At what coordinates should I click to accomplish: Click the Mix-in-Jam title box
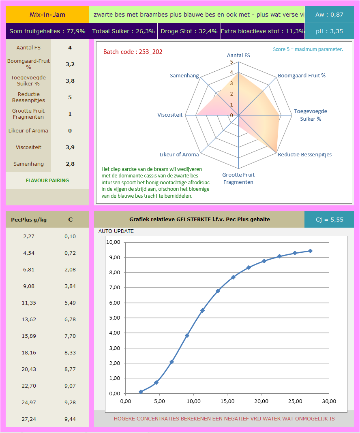click(47, 15)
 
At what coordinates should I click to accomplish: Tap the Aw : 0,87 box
click(329, 15)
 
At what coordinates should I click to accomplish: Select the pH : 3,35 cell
click(329, 31)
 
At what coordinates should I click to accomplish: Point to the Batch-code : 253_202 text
click(133, 52)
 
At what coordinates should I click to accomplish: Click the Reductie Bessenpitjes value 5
click(70, 97)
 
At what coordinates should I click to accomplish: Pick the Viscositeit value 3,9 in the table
click(70, 147)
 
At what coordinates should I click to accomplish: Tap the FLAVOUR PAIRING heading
click(47, 180)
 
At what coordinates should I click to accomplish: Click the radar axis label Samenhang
click(184, 76)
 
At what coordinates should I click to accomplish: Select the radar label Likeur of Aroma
click(179, 154)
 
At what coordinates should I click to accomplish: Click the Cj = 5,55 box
click(329, 220)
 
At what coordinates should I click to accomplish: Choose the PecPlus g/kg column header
click(29, 220)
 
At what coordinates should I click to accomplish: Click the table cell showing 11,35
click(29, 303)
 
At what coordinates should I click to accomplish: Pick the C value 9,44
click(70, 419)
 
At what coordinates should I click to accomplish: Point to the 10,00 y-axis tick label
click(113, 242)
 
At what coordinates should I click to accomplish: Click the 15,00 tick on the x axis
click(227, 401)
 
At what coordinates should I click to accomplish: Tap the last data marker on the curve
click(310, 251)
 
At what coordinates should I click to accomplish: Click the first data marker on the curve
click(141, 392)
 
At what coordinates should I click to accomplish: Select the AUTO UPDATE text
click(116, 231)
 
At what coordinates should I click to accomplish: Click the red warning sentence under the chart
click(224, 418)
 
